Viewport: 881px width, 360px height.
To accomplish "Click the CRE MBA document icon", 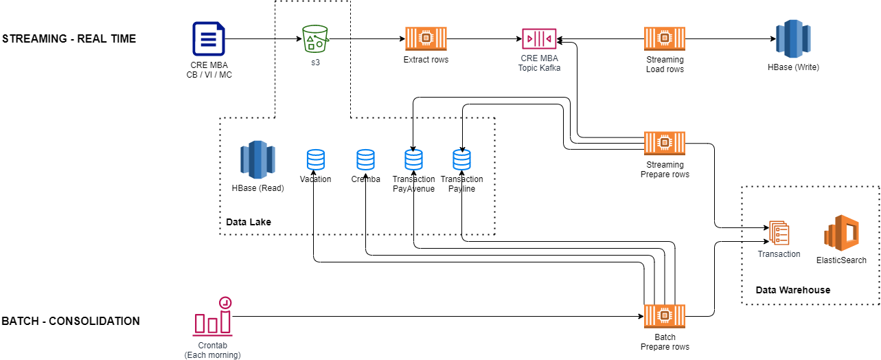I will pos(209,38).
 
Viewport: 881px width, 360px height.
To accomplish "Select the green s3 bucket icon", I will pos(315,39).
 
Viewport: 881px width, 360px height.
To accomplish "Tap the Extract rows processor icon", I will pos(426,39).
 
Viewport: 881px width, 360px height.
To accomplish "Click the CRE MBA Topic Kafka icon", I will pos(539,39).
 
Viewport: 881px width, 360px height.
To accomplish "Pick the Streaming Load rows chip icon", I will pos(664,39).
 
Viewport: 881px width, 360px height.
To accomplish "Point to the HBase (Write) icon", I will pos(793,39).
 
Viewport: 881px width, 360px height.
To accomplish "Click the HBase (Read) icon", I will pos(258,159).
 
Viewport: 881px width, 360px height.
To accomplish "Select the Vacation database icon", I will pos(315,160).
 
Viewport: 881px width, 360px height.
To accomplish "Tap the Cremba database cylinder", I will pos(365,160).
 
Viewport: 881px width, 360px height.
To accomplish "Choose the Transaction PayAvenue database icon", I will pos(413,160).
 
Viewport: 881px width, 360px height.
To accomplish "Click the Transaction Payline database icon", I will pos(462,160).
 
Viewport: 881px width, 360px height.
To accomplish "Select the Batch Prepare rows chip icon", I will pos(664,316).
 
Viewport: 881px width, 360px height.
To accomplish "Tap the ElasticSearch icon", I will pos(841,234).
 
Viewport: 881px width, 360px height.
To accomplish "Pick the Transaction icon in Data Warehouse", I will pos(779,234).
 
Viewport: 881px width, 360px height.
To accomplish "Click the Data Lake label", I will pos(248,222).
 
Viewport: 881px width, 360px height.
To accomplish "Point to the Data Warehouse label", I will pos(792,290).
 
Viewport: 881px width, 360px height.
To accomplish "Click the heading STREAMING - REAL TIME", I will pos(69,39).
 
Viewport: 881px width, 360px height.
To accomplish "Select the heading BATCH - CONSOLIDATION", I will pos(71,321).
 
